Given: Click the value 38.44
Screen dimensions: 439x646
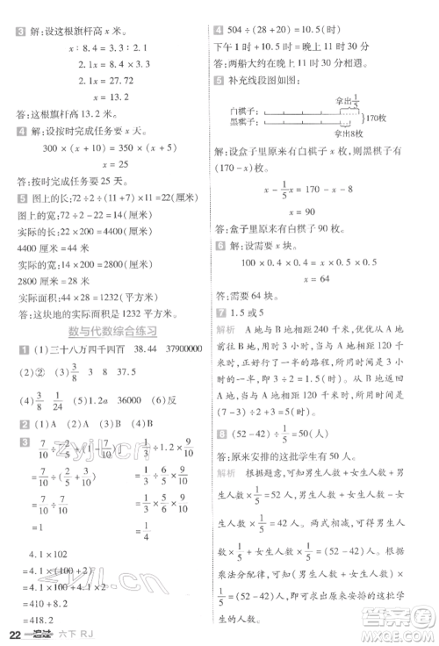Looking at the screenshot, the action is [x=132, y=349].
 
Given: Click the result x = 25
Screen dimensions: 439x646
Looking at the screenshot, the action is [x=104, y=163].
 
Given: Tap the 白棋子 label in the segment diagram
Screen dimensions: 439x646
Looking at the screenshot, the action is [x=241, y=111].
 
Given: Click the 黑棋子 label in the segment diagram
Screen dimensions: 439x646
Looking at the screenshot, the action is [x=241, y=123].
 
